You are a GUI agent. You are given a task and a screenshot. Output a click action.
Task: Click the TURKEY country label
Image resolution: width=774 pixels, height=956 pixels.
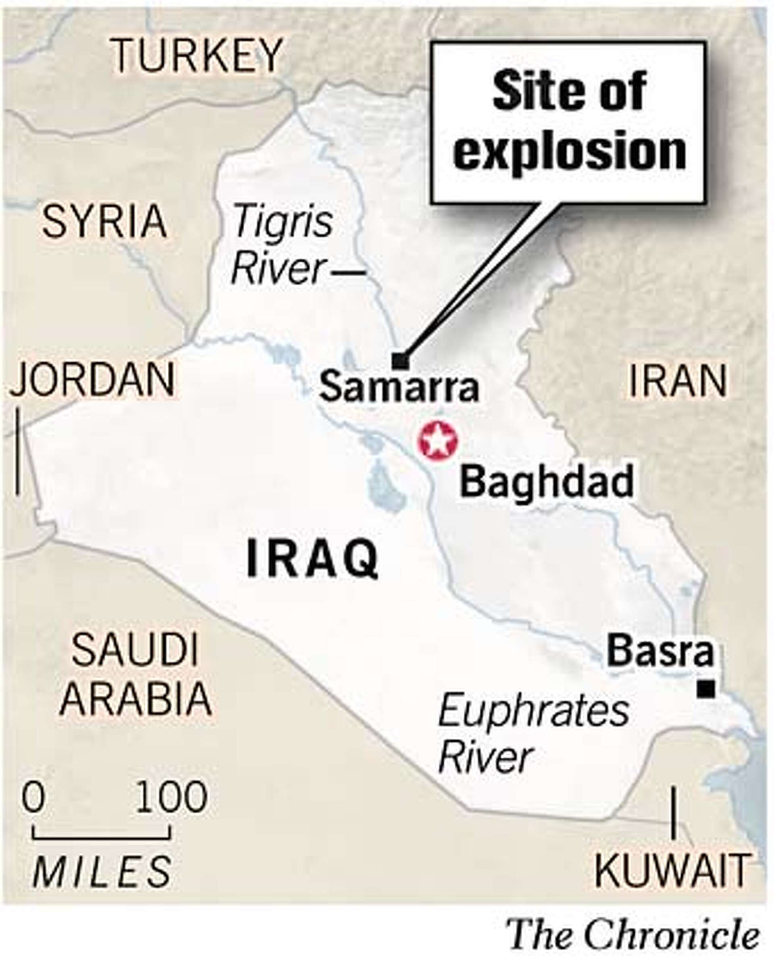(197, 55)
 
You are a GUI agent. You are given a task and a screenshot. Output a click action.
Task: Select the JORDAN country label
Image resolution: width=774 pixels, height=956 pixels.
(93, 380)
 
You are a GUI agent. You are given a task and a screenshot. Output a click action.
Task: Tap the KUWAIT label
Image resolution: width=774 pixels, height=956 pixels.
(672, 870)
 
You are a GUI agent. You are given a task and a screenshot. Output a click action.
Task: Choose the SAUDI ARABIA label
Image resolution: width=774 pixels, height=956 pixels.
(135, 673)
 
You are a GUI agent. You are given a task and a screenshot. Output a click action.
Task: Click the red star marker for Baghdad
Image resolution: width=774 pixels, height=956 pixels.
(437, 442)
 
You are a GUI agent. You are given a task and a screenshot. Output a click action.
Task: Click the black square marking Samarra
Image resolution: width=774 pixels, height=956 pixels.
(400, 361)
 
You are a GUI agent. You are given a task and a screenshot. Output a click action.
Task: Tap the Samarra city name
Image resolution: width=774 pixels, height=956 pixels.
(399, 387)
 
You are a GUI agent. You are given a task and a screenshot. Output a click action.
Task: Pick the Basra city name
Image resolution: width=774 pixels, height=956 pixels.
(660, 652)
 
